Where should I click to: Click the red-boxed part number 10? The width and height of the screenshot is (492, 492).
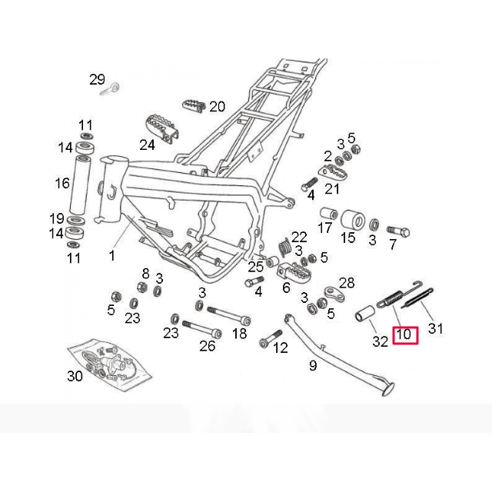coord(405,335)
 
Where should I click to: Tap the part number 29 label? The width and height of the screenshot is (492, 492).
coord(97,80)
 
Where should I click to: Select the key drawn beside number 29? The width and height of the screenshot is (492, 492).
coord(111,88)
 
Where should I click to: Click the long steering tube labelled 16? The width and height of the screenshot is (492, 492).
coord(80,184)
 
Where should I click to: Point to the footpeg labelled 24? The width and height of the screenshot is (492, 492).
coord(161,128)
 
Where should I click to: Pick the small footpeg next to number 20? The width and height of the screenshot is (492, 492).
coord(193,106)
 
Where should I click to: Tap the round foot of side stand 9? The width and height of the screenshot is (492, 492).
coord(388,389)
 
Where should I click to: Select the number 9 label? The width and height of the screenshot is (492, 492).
coord(313,365)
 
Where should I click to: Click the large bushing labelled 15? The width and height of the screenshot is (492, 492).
coord(353,220)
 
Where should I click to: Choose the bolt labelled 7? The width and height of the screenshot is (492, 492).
coord(398,231)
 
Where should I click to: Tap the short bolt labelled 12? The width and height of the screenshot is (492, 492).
coord(271,338)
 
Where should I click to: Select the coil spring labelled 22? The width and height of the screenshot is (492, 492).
coord(284,247)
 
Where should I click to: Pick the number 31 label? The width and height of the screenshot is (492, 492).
coord(436,329)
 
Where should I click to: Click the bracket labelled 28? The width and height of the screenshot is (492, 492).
coord(334,292)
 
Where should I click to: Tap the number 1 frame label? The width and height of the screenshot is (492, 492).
coord(112,256)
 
